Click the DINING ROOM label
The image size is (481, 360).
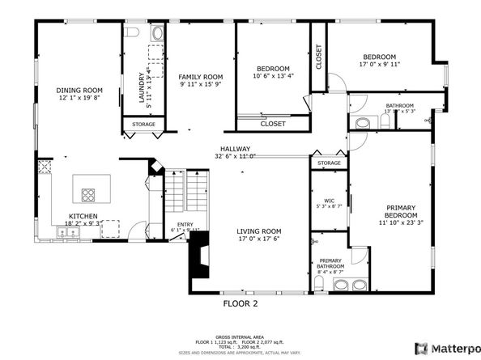pos(79,90)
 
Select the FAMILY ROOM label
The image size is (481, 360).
pos(199,76)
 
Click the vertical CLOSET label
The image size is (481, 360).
pos(319,56)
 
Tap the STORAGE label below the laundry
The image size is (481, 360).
pos(143,125)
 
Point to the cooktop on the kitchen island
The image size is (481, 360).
pos(88,193)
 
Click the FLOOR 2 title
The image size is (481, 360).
pos(240,303)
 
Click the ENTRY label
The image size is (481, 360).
pos(185,225)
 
